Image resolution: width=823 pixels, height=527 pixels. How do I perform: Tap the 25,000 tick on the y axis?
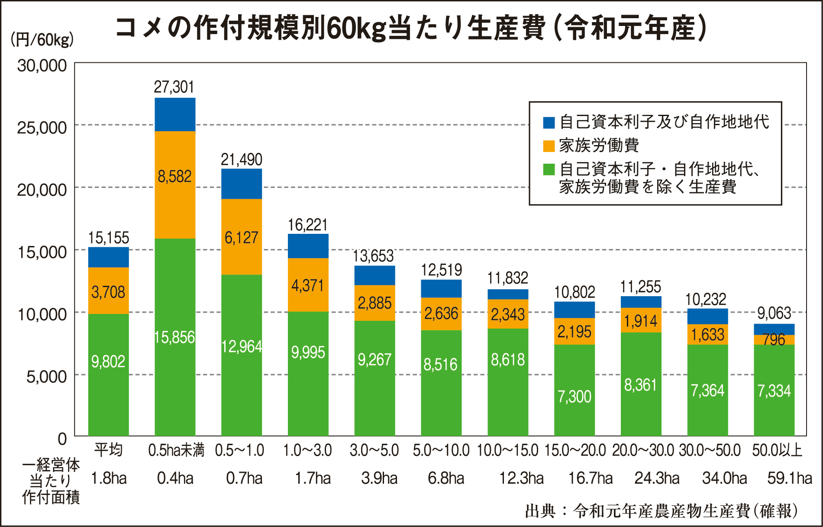(42, 128)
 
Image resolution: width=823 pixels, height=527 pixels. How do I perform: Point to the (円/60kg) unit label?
(42, 40)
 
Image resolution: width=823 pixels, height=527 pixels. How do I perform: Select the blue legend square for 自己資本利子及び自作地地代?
(549, 123)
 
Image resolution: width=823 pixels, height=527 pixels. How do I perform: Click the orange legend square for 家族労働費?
(549, 146)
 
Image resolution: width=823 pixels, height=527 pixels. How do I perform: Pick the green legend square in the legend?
(549, 169)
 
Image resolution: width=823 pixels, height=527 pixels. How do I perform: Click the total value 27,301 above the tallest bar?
(174, 87)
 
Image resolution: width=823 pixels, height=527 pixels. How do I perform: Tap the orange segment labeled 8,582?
(175, 185)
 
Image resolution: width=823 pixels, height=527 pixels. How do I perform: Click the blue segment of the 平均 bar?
(109, 257)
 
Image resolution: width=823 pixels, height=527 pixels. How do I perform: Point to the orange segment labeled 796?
(774, 339)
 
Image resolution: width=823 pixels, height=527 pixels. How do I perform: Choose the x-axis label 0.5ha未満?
(176, 450)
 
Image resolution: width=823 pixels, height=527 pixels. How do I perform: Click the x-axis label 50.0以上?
(777, 450)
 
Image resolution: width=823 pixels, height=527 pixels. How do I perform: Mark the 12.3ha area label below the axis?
(521, 479)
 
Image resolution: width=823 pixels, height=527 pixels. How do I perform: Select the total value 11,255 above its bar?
(641, 287)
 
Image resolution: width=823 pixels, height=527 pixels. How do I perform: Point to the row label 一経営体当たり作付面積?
(51, 481)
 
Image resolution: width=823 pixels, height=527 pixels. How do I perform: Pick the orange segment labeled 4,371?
(308, 285)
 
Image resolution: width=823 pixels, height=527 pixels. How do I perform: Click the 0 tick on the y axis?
(62, 439)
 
